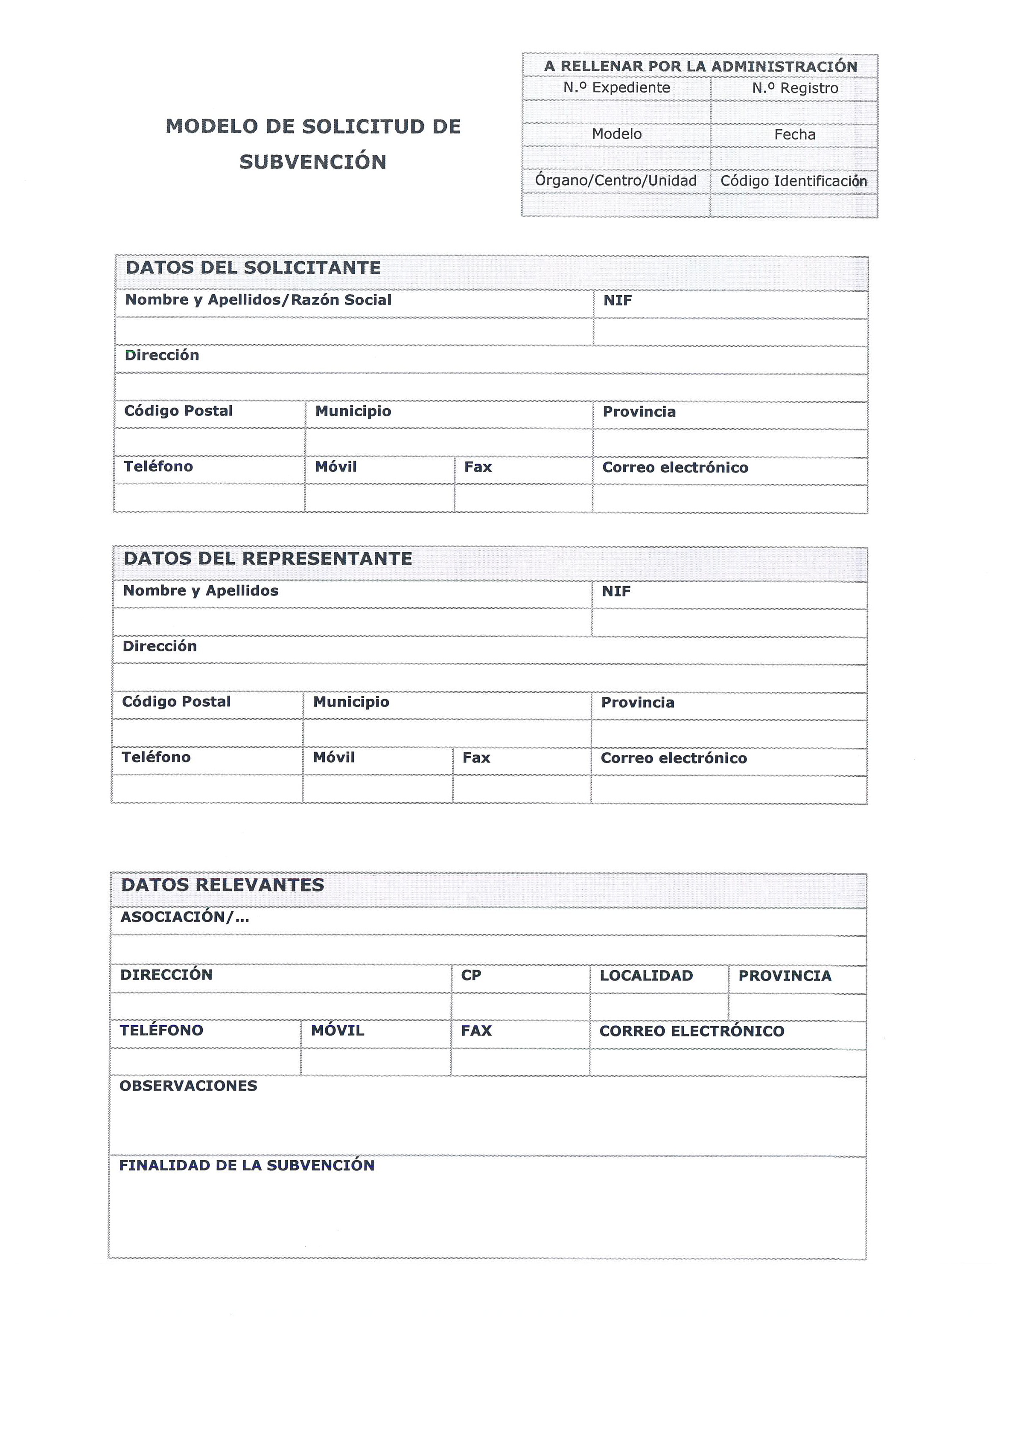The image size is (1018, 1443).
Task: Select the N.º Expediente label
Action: [616, 88]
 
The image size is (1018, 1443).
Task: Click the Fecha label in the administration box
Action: [795, 134]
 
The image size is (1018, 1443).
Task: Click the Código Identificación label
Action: [793, 181]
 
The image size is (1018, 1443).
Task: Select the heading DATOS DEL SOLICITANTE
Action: [253, 268]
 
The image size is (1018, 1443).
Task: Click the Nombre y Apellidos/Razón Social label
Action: [258, 300]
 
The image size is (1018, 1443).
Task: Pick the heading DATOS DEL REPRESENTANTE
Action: [268, 559]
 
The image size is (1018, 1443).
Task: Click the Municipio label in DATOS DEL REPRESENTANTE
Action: [351, 702]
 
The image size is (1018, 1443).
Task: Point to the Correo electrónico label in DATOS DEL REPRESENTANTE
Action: [674, 758]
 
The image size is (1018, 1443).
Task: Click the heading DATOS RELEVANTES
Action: [222, 885]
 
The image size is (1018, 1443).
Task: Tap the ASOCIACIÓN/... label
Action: [185, 917]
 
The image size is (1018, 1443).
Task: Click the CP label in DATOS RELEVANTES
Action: [471, 976]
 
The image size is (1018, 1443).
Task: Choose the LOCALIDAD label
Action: [646, 976]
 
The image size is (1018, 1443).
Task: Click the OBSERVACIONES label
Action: [188, 1086]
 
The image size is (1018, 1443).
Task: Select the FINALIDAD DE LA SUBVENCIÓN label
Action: [246, 1165]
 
